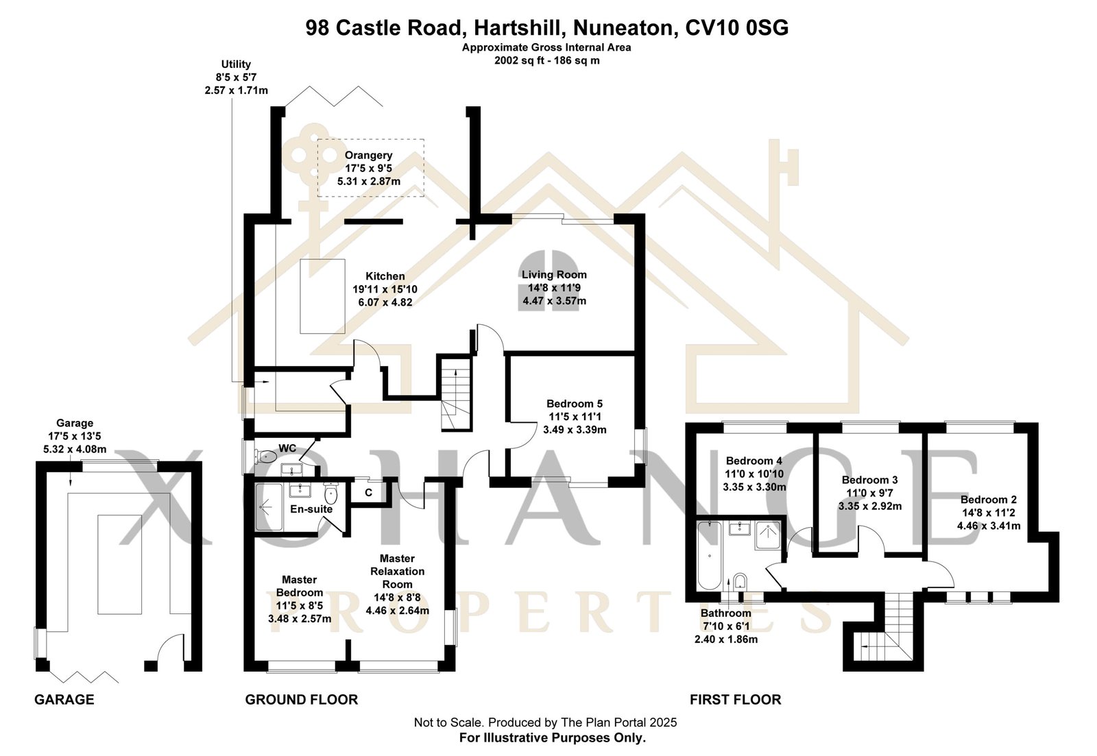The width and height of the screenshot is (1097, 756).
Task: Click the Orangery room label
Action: tap(369, 169)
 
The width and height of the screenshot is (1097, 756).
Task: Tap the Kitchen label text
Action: tap(385, 289)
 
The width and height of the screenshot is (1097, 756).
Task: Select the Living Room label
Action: tap(554, 287)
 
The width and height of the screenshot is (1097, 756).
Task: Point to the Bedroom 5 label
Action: tap(575, 417)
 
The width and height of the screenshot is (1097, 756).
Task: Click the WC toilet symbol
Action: tap(267, 455)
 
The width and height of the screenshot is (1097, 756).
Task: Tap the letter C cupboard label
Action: tap(369, 492)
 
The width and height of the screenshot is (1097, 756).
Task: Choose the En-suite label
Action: tap(311, 509)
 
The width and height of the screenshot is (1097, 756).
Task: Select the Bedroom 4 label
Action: tap(754, 474)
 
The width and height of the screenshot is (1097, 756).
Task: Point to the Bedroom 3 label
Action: tap(869, 493)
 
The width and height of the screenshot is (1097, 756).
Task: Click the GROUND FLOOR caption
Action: tap(302, 700)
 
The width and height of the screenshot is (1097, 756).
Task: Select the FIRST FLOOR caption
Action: tap(735, 700)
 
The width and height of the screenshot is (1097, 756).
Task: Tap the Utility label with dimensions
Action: tap(236, 77)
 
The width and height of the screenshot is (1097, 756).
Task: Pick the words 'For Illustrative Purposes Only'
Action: tap(552, 738)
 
